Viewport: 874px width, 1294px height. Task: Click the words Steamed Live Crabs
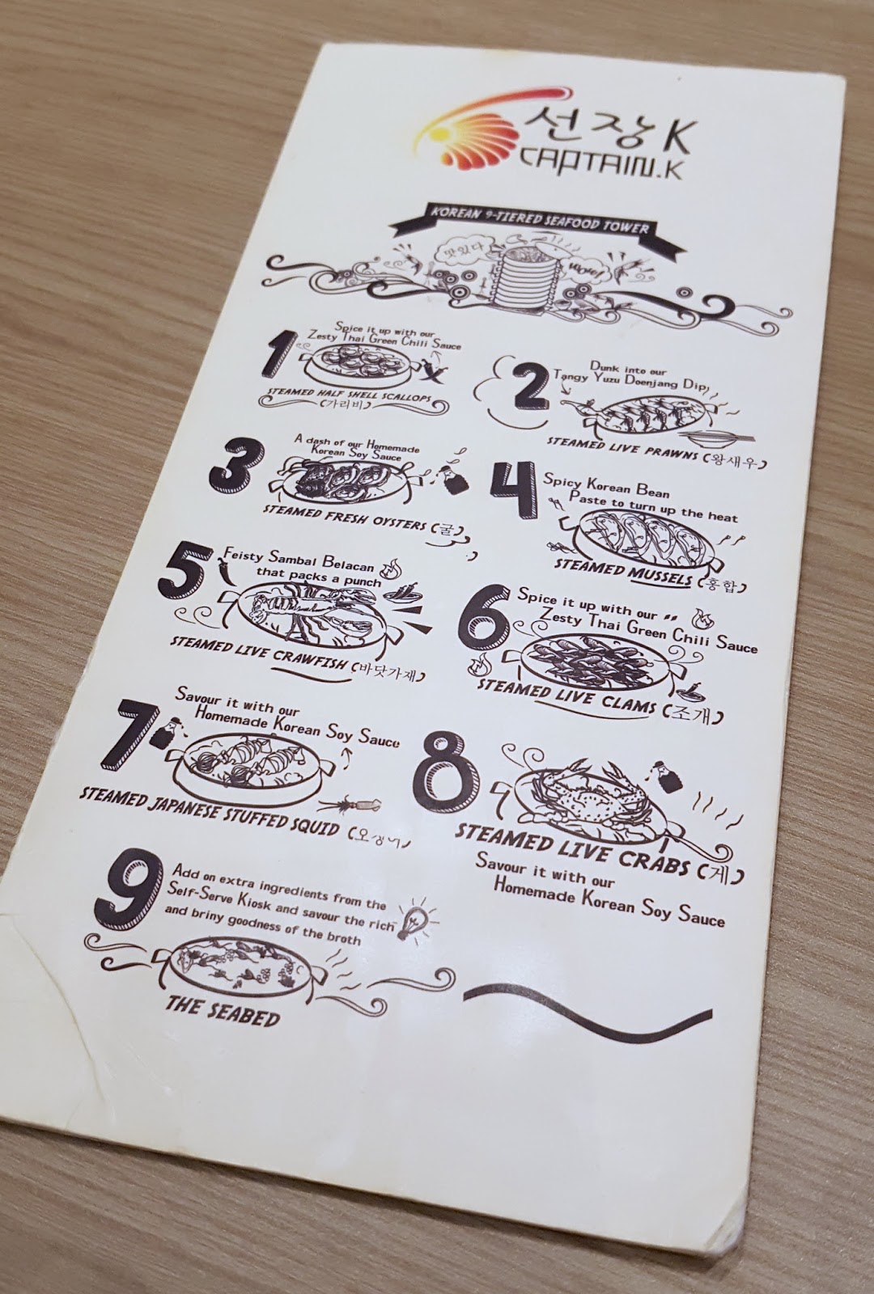click(x=570, y=851)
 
